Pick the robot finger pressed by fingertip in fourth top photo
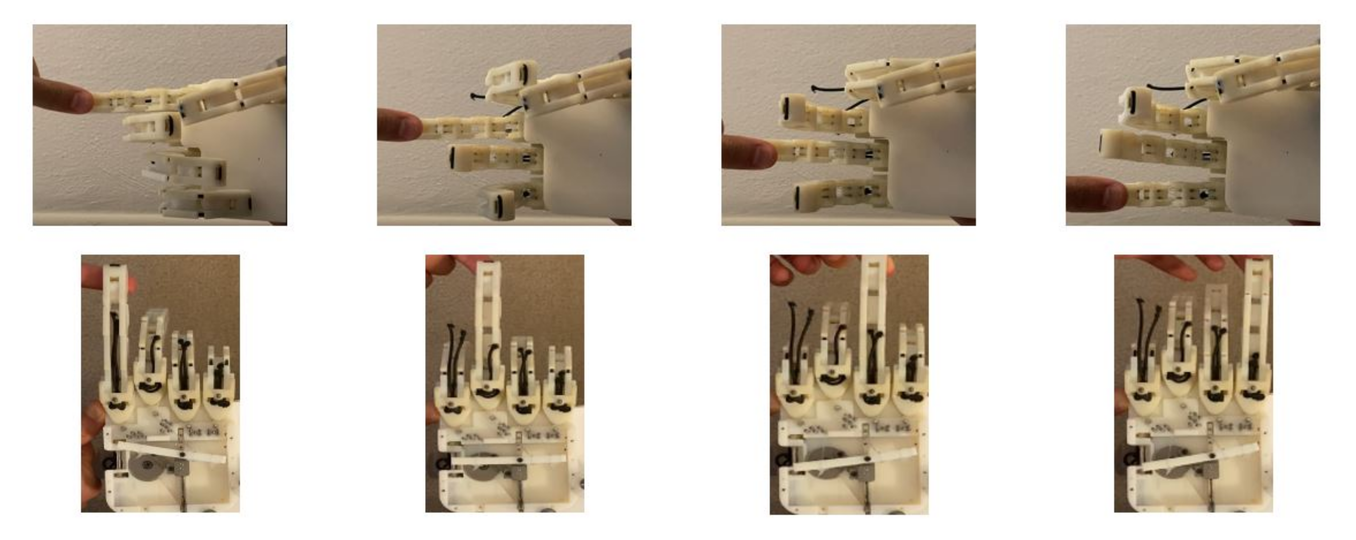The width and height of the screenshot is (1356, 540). click(x=1174, y=200)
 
